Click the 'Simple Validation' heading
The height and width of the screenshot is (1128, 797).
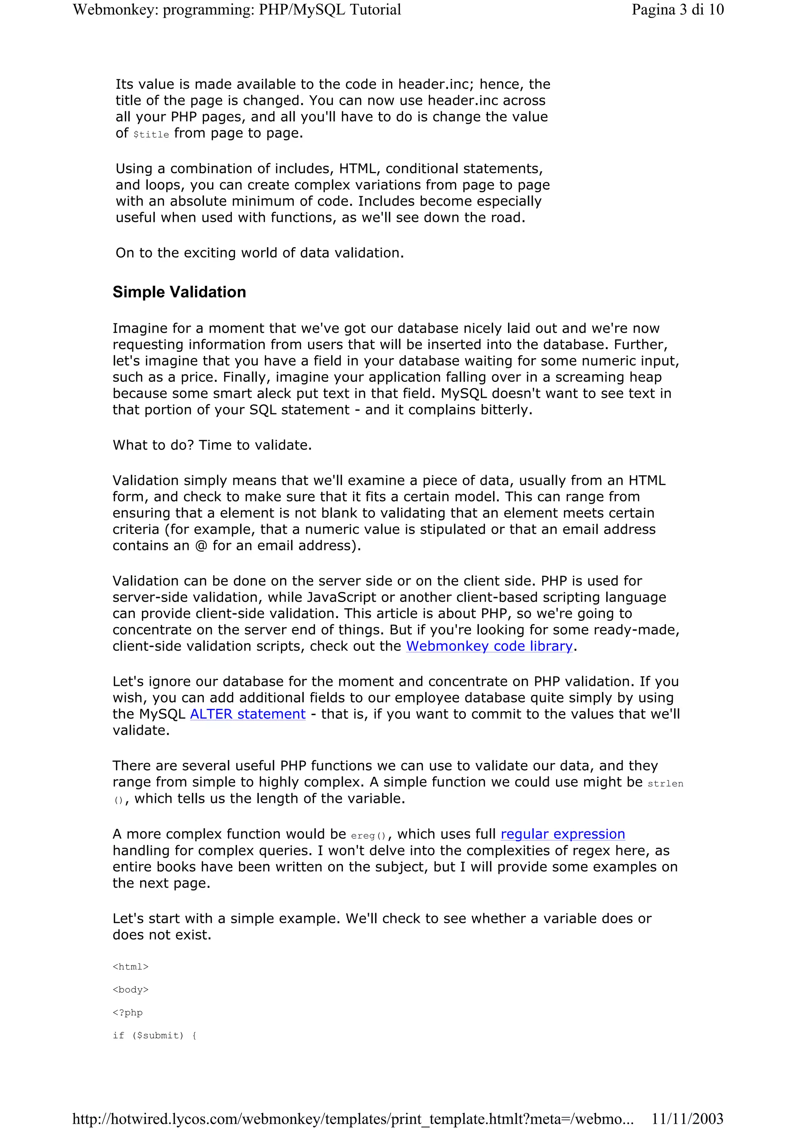coord(179,292)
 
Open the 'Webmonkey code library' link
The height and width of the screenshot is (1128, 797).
coord(489,646)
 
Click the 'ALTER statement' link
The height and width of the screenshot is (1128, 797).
coord(248,714)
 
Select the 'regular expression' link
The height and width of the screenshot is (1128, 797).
coord(563,834)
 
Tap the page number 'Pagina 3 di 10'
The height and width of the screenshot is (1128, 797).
coord(677,10)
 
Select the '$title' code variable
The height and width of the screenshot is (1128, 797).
coord(151,135)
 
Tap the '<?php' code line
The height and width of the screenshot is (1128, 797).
coord(128,1012)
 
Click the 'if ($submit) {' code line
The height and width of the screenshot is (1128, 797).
coord(154,1036)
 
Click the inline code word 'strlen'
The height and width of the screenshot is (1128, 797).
coord(665,784)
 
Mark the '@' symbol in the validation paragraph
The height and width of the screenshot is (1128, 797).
coord(201,546)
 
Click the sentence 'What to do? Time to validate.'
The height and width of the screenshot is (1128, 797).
coord(212,445)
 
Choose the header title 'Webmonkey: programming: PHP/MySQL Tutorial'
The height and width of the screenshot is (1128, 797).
coord(237,10)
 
